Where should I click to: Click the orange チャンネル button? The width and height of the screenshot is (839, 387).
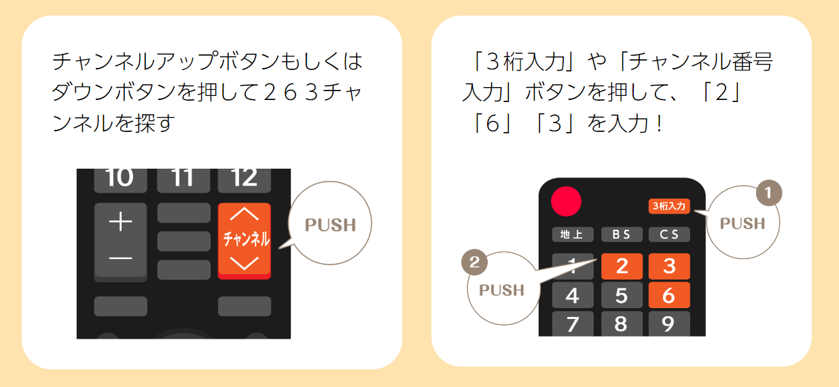[x=245, y=240]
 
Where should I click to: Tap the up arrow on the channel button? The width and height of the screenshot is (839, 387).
[x=245, y=214]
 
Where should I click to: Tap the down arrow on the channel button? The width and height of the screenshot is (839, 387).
[x=245, y=263]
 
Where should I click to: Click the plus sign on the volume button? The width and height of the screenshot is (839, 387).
[x=120, y=222]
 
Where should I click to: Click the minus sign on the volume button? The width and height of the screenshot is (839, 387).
[x=120, y=258]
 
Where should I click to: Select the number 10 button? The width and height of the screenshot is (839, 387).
[x=120, y=178]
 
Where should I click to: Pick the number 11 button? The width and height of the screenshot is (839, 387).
[x=183, y=178]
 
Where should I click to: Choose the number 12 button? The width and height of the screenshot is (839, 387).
[x=244, y=178]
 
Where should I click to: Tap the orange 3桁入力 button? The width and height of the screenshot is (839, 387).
[x=669, y=205]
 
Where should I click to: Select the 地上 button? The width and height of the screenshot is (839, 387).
[x=572, y=235]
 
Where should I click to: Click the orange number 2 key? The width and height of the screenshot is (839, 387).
[x=622, y=266]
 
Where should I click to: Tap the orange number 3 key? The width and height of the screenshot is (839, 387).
[x=669, y=266]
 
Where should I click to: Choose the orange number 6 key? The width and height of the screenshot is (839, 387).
[x=669, y=295]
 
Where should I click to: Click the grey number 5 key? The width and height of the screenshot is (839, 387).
[x=621, y=295]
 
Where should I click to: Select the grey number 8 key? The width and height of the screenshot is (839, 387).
[x=621, y=324]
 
